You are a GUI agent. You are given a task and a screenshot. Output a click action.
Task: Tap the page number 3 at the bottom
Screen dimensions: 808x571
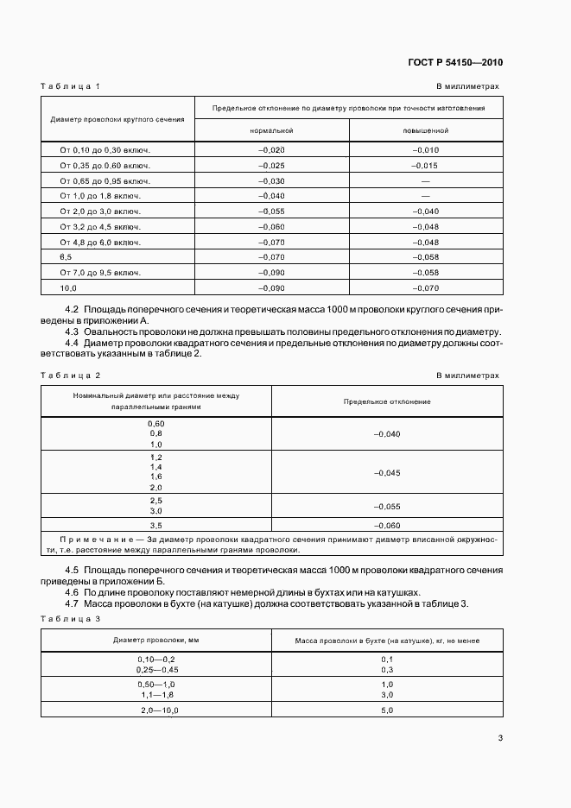pyautogui.click(x=500, y=737)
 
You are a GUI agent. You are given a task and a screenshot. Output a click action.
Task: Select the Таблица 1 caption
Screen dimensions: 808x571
pyautogui.click(x=71, y=86)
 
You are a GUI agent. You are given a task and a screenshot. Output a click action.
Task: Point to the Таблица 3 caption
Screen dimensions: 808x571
pyautogui.click(x=71, y=619)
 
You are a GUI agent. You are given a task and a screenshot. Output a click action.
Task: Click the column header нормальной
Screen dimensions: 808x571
pyautogui.click(x=271, y=130)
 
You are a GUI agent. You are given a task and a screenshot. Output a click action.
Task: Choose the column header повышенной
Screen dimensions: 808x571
pyautogui.click(x=425, y=130)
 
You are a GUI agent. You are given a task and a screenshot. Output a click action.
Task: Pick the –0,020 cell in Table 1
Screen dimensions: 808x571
pyautogui.click(x=271, y=149)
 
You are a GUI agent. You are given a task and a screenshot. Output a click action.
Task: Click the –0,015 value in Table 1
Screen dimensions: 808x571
pyautogui.click(x=425, y=165)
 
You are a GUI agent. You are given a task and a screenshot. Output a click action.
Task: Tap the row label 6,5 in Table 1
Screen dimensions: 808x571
pyautogui.click(x=67, y=256)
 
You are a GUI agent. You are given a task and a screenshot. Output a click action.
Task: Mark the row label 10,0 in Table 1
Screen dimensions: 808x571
pyautogui.click(x=68, y=287)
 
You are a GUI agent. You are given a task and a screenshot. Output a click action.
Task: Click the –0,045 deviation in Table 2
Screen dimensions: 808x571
pyautogui.click(x=386, y=472)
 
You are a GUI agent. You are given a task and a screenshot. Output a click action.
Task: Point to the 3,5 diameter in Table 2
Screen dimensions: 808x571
pyautogui.click(x=156, y=526)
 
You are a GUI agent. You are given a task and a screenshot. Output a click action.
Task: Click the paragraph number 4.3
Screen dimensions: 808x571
pyautogui.click(x=73, y=331)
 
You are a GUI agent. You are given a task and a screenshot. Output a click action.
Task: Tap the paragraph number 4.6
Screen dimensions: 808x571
pyautogui.click(x=73, y=592)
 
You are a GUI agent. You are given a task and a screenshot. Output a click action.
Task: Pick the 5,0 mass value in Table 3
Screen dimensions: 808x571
pyautogui.click(x=386, y=710)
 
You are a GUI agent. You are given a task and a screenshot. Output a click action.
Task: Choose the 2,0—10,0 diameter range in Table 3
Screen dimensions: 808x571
pyautogui.click(x=156, y=710)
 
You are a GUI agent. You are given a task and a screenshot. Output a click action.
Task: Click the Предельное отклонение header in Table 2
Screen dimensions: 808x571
pyautogui.click(x=386, y=401)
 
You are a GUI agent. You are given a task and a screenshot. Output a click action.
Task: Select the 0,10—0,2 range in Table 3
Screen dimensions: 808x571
pyautogui.click(x=156, y=659)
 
